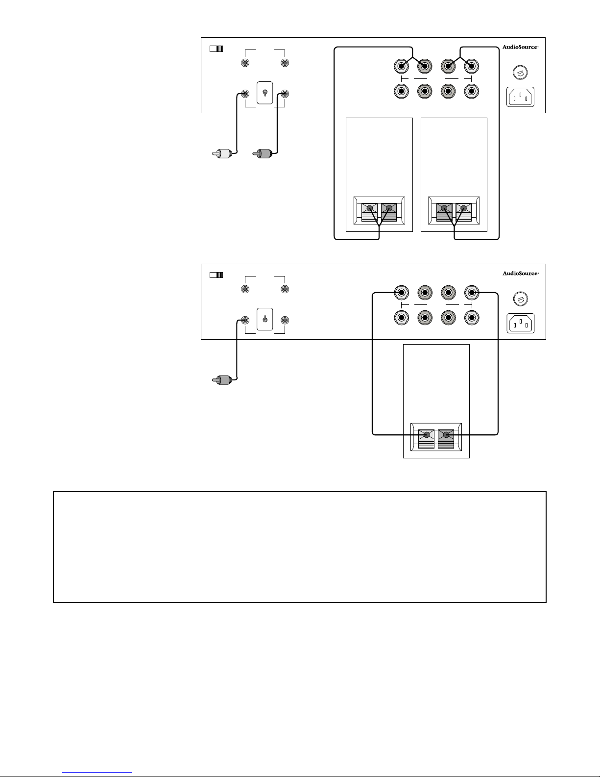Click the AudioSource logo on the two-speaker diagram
point(520,47)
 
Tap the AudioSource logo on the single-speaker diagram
point(521,273)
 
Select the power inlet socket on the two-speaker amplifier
point(520,97)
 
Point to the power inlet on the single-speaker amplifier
point(521,323)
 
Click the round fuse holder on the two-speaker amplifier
point(520,72)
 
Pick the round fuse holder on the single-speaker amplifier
point(520,299)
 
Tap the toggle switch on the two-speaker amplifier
point(264,93)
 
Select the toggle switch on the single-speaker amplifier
point(264,319)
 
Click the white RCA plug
point(222,154)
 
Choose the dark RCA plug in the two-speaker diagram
point(263,154)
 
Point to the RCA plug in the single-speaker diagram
point(222,380)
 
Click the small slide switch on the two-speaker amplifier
point(216,49)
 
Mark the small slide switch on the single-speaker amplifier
point(216,275)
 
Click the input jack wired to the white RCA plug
point(245,94)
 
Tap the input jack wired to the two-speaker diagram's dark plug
point(285,94)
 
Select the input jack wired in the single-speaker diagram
point(245,320)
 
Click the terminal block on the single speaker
point(436,437)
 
